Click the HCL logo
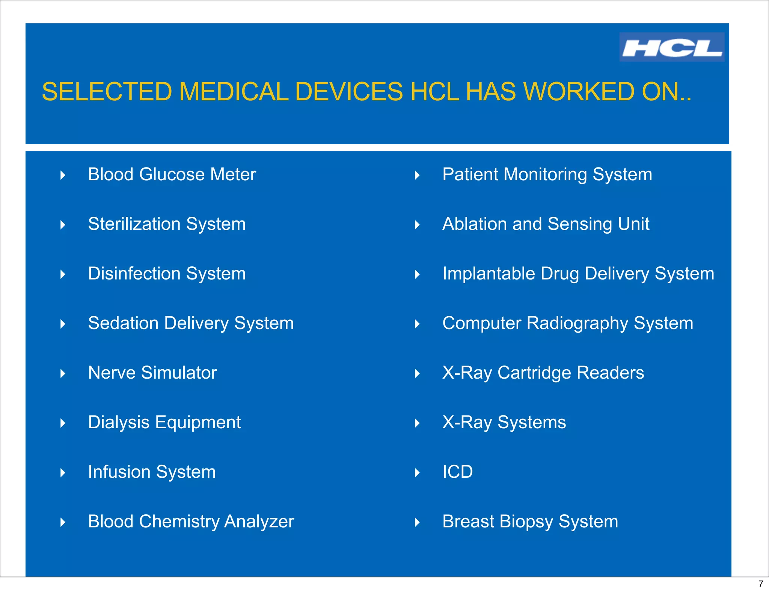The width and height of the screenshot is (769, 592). (x=671, y=47)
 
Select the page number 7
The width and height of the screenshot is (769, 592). (x=761, y=584)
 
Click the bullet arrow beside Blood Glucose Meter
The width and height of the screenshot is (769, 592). (x=63, y=175)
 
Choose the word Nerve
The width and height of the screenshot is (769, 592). (x=112, y=373)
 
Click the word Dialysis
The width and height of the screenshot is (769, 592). (x=119, y=422)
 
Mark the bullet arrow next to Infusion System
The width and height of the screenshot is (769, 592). (x=63, y=473)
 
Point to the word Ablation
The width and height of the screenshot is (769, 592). (x=474, y=224)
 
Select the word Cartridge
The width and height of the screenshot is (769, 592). (x=534, y=373)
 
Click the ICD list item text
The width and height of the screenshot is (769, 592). (x=457, y=472)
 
